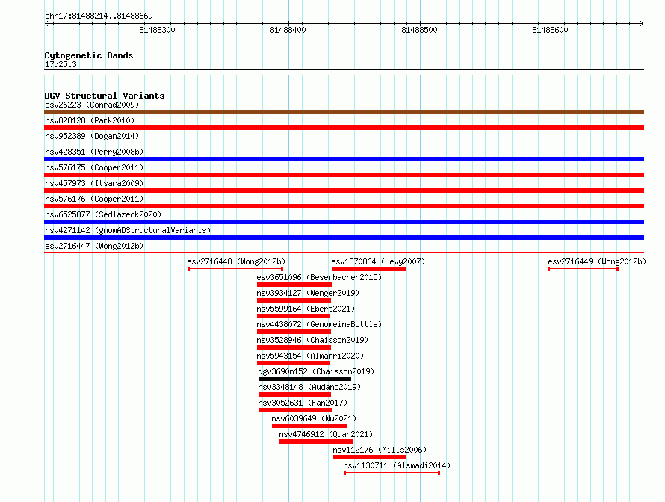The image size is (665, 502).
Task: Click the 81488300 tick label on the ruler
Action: pyautogui.click(x=157, y=30)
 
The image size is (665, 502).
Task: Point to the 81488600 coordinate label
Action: pyautogui.click(x=550, y=30)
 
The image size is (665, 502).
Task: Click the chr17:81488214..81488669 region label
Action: pyautogui.click(x=99, y=16)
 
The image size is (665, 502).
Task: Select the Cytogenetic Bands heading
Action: pyautogui.click(x=89, y=55)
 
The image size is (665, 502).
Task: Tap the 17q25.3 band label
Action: pyautogui.click(x=61, y=64)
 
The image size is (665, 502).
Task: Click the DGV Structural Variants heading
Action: pyautogui.click(x=105, y=96)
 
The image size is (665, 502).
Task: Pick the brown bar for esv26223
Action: pyautogui.click(x=344, y=112)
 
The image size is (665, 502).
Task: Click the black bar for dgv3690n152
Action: pyautogui.click(x=305, y=379)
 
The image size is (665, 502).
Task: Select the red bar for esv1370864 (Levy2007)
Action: pyautogui.click(x=368, y=269)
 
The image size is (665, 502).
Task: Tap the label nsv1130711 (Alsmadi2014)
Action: pyautogui.click(x=397, y=465)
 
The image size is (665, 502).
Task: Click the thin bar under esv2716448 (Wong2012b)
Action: pyautogui.click(x=235, y=269)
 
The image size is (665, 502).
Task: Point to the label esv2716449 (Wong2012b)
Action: pyautogui.click(x=597, y=261)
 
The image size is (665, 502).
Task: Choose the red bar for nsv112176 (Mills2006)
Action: pyautogui.click(x=369, y=457)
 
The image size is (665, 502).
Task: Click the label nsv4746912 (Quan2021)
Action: pyautogui.click(x=326, y=434)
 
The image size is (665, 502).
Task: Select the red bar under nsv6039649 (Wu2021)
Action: pyautogui.click(x=309, y=426)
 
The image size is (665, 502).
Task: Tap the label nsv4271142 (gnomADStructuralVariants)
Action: pyautogui.click(x=128, y=230)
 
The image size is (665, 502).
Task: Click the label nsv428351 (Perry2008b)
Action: pyautogui.click(x=94, y=152)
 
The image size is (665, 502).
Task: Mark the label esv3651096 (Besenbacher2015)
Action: pyautogui.click(x=319, y=277)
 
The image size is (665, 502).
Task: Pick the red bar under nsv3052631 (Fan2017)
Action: pyautogui.click(x=295, y=410)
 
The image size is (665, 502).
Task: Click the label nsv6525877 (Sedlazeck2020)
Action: pyautogui.click(x=103, y=214)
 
